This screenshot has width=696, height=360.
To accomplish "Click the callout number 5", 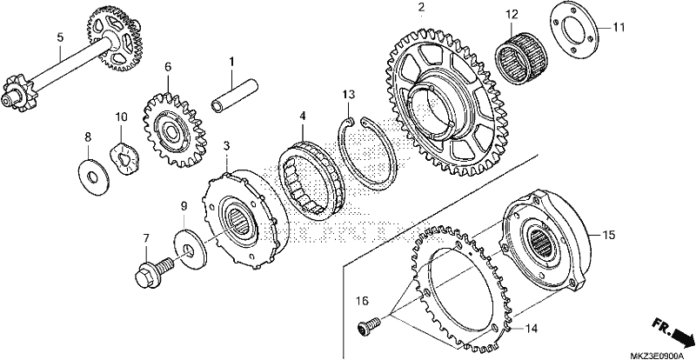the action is (60, 37).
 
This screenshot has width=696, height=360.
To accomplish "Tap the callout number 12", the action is (512, 15).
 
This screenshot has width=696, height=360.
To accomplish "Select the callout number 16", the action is (362, 302).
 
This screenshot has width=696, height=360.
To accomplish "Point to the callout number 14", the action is (532, 329).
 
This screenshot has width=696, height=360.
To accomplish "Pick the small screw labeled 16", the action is (369, 324).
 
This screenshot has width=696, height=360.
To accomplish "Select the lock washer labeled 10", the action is (124, 157).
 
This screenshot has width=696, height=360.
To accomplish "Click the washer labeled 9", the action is (191, 250).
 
